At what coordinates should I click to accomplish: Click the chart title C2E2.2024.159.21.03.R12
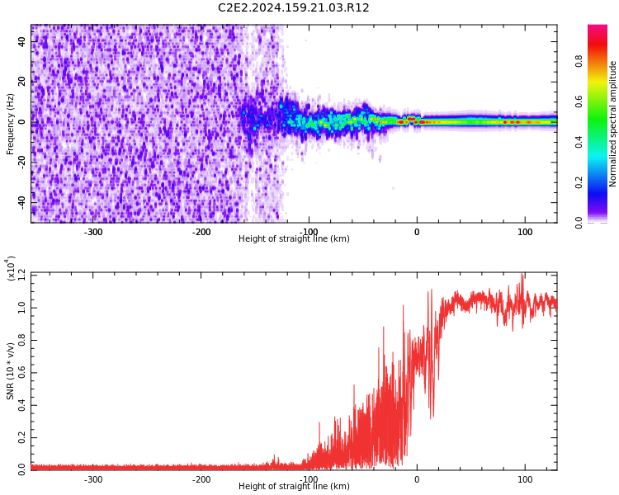click(x=294, y=8)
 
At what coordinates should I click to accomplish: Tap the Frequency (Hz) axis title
click(x=11, y=124)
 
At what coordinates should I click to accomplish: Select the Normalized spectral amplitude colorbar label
click(x=613, y=124)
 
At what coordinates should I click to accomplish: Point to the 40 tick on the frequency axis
click(x=22, y=42)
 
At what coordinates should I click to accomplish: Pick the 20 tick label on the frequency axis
click(x=22, y=82)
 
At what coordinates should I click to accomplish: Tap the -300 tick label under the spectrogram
click(x=93, y=232)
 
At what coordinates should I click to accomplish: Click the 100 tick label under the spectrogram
click(x=525, y=232)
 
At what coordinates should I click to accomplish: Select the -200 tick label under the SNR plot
click(x=201, y=479)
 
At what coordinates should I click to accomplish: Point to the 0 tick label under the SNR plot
click(x=416, y=479)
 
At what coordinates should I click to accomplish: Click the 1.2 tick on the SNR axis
click(x=22, y=273)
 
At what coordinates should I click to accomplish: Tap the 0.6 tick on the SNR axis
click(x=22, y=371)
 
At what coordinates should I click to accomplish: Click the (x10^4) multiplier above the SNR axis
click(x=12, y=267)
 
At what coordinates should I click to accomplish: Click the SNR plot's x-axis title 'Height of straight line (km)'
click(x=294, y=487)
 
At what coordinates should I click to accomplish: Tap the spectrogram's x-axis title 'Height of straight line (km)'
click(x=294, y=239)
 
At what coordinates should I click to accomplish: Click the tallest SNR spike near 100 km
click(x=522, y=276)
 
